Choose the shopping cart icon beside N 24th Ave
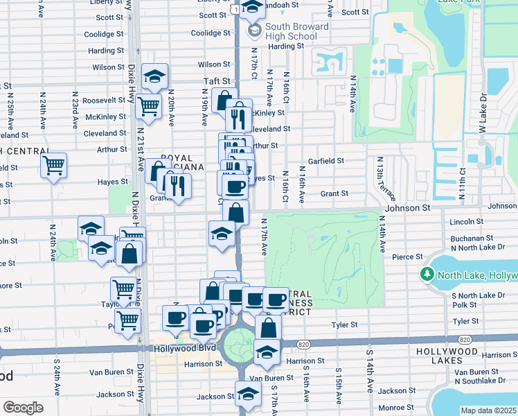coord(53,166)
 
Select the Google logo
coord(23,408)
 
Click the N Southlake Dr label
coord(477,381)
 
